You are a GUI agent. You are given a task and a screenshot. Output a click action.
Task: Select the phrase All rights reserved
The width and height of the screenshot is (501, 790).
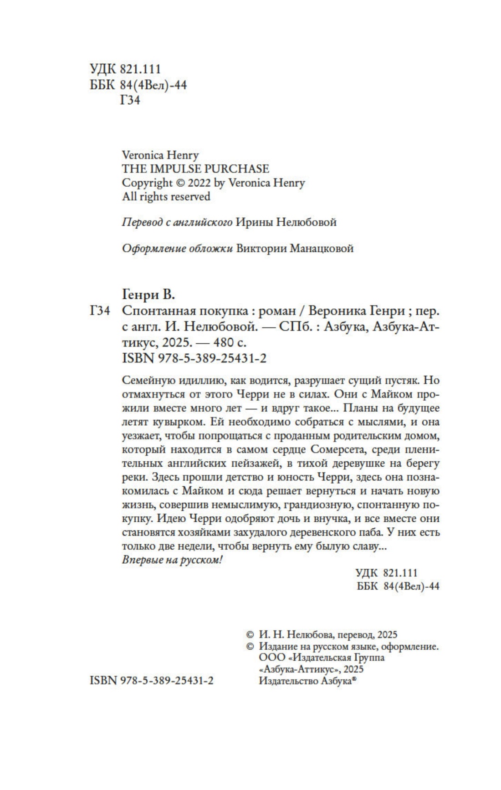click(166, 197)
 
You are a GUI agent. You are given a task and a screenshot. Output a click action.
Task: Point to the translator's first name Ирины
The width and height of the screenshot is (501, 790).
click(252, 222)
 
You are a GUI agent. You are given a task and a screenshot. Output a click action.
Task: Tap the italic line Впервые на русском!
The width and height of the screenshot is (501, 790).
click(172, 560)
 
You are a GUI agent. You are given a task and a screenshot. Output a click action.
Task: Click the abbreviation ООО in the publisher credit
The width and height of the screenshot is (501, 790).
click(271, 658)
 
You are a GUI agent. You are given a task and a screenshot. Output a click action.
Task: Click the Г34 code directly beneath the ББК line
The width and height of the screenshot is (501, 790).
click(130, 100)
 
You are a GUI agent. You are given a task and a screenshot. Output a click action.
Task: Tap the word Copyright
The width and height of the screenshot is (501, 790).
click(147, 183)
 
